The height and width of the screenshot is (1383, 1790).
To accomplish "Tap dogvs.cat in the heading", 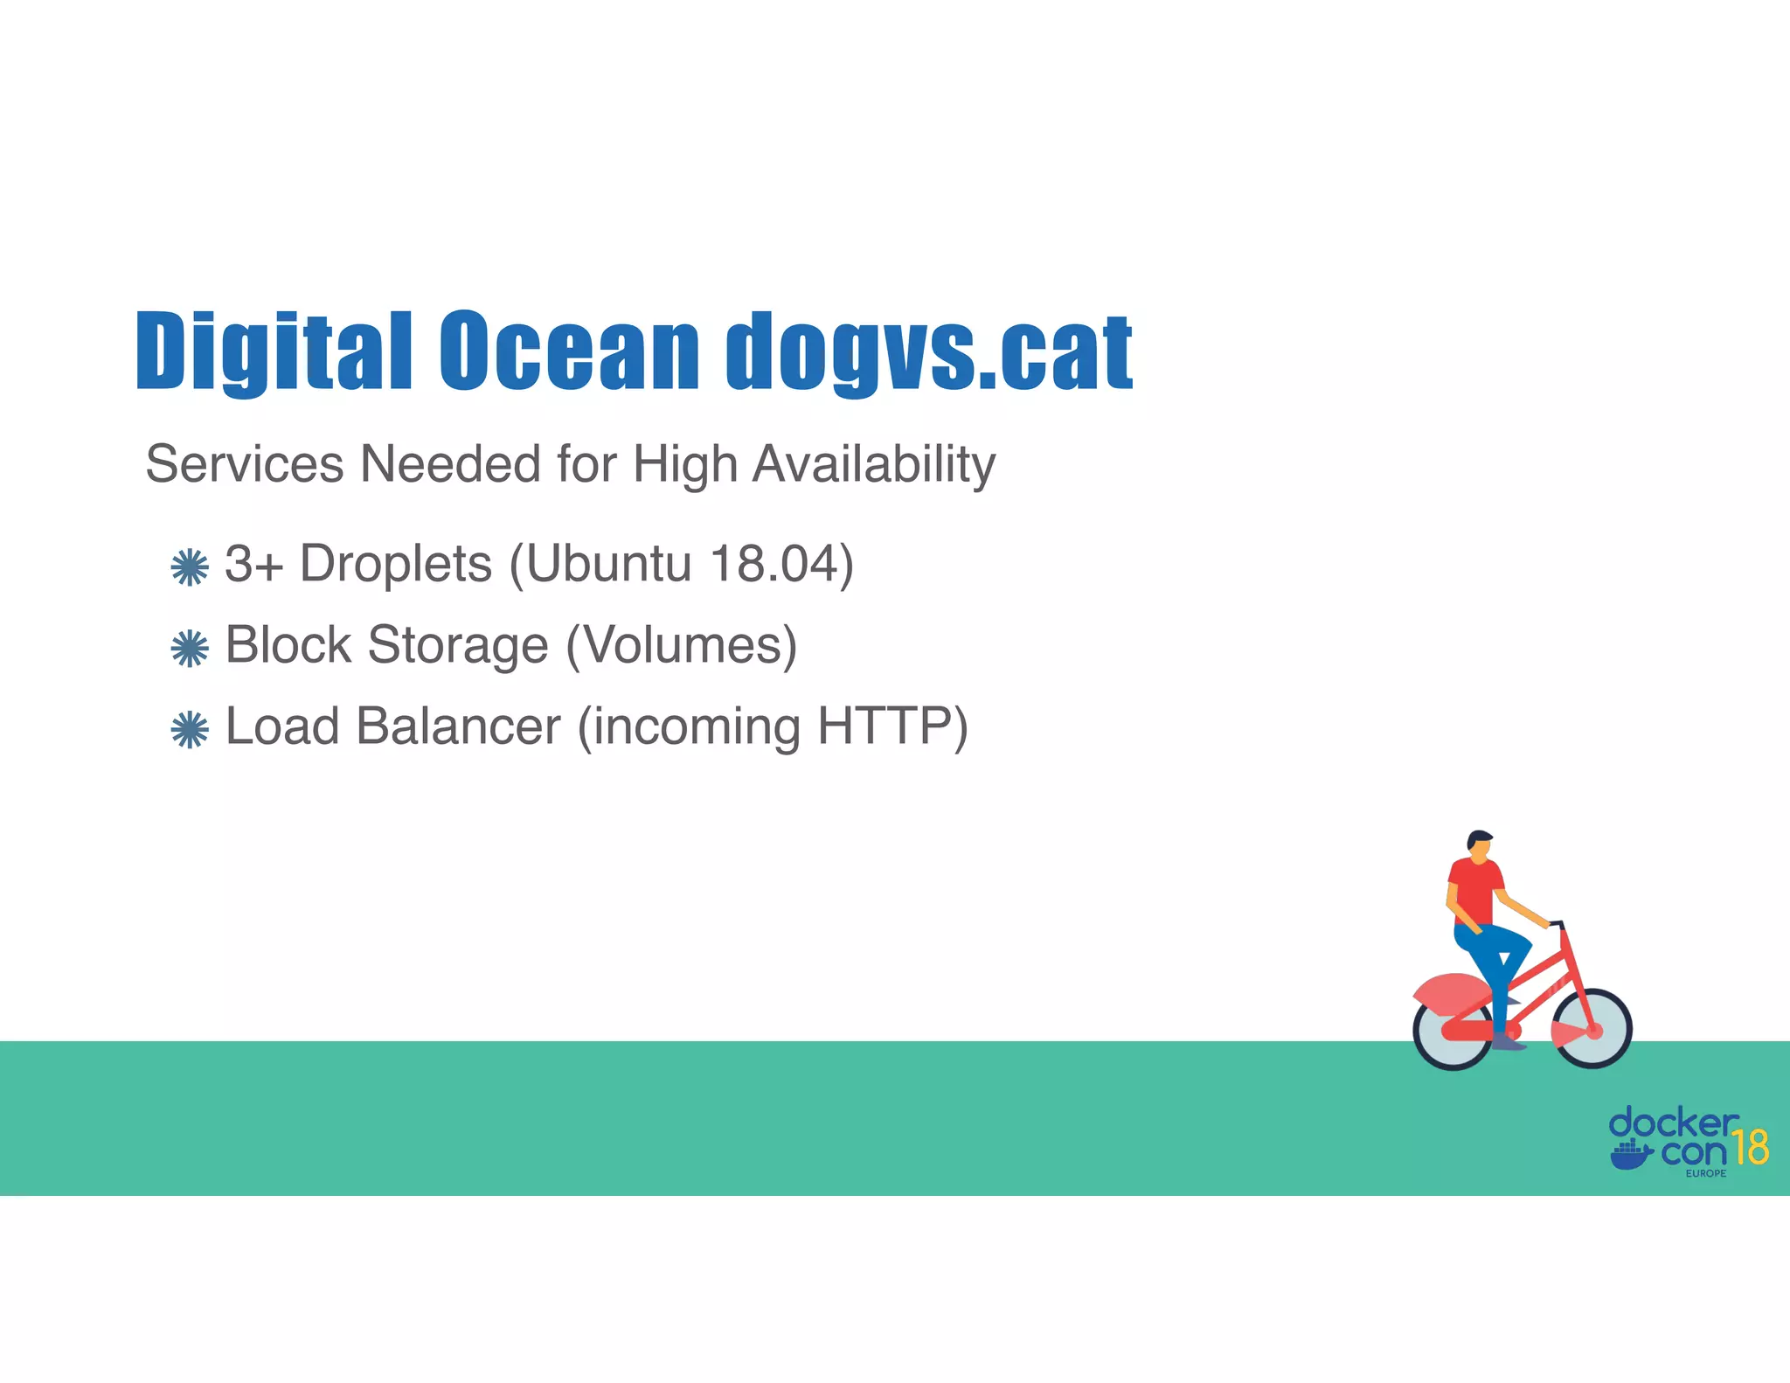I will [929, 351].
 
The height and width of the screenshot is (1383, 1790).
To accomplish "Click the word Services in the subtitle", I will [245, 463].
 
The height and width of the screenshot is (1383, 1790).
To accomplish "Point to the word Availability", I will [873, 465].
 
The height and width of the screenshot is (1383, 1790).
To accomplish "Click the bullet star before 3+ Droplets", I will [190, 567].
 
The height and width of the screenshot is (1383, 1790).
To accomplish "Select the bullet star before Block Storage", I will [190, 649].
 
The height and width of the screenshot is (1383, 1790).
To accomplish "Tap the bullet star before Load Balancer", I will [190, 730].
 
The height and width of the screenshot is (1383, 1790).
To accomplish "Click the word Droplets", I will [396, 564].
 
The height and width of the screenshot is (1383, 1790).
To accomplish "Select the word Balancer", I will [458, 726].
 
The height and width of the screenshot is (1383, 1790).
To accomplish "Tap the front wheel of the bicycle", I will [1592, 1029].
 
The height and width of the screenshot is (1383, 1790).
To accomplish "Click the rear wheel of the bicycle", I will [1453, 1032].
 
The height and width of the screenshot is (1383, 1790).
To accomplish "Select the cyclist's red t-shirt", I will [1474, 889].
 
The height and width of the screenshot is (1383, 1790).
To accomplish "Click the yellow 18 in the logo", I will [1751, 1147].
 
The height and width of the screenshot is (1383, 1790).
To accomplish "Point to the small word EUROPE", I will [1706, 1173].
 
